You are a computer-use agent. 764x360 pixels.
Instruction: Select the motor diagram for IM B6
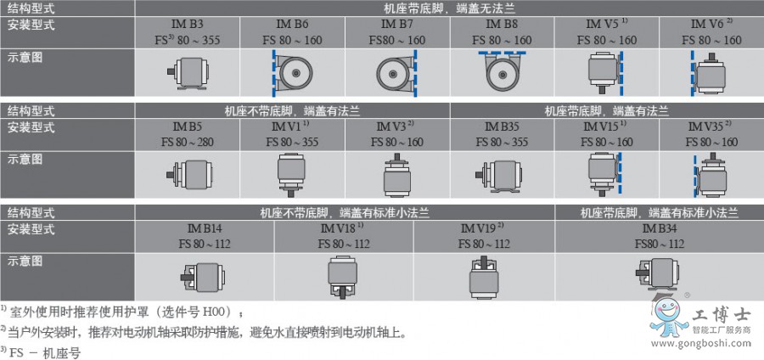pyautogui.click(x=293, y=72)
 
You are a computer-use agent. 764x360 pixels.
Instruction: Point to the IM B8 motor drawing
pyautogui.click(x=503, y=72)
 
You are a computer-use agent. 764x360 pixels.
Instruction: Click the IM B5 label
pyautogui.click(x=187, y=128)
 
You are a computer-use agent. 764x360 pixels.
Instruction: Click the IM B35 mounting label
pyautogui.click(x=503, y=128)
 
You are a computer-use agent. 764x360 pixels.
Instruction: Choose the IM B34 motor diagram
pyautogui.click(x=658, y=274)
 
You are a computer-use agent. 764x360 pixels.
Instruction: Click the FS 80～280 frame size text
pyautogui.click(x=187, y=141)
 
